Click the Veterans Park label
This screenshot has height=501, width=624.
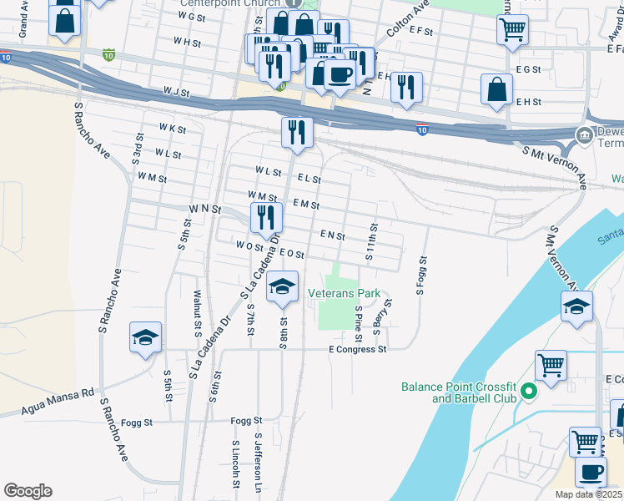coord(344,293)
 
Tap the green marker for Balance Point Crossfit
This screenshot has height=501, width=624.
coord(527,391)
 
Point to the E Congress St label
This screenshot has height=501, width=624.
coord(358,349)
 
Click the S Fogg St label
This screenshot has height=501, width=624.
coord(421,276)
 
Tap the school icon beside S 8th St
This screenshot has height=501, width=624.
coord(283,286)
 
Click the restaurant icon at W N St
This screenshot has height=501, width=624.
coord(265,217)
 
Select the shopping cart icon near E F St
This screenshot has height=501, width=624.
coord(511,29)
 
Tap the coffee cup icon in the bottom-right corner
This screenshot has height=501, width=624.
coord(591,472)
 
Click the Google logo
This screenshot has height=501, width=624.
coord(28,491)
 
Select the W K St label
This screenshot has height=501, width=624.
coord(173,129)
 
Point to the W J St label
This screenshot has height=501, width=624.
coord(178,90)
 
